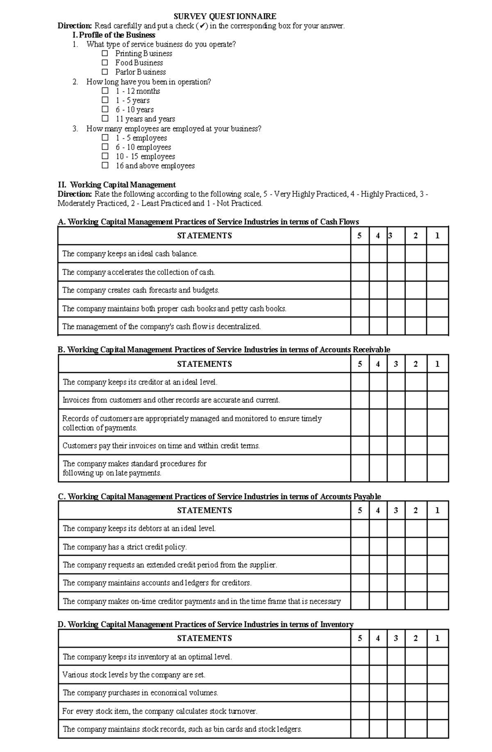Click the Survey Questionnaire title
[225, 16]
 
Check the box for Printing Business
[105, 53]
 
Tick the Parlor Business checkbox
[105, 72]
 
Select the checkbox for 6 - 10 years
[105, 109]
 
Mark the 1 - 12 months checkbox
[105, 91]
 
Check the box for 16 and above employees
[105, 166]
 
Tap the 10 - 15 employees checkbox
[105, 156]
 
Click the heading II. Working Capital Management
[117, 184]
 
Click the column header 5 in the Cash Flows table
[360, 236]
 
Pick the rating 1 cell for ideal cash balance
[437, 254]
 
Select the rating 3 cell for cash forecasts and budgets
[396, 290]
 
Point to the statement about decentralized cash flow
[162, 327]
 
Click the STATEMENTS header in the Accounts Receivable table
[204, 364]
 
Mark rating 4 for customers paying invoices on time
[378, 445]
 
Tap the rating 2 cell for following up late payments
[416, 468]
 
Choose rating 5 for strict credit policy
[360, 547]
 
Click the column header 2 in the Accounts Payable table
[416, 510]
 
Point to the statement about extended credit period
[170, 565]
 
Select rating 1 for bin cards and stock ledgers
[437, 729]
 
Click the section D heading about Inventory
[206, 624]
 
